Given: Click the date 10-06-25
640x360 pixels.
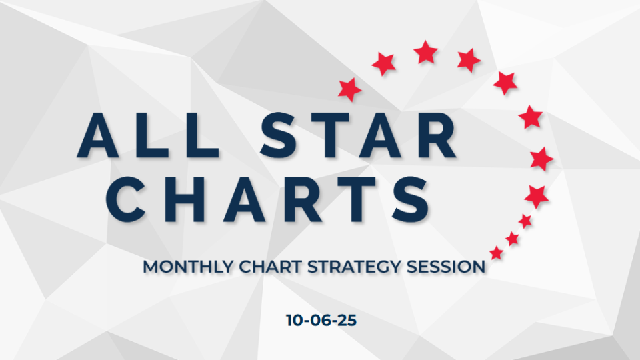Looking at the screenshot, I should [x=321, y=320].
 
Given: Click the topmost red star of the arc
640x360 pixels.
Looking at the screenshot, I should [x=426, y=52].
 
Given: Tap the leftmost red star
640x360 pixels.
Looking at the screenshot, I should [x=350, y=89].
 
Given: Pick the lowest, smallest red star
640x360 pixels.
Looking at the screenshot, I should [x=497, y=253].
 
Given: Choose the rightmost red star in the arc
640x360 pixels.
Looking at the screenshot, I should [x=541, y=159].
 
